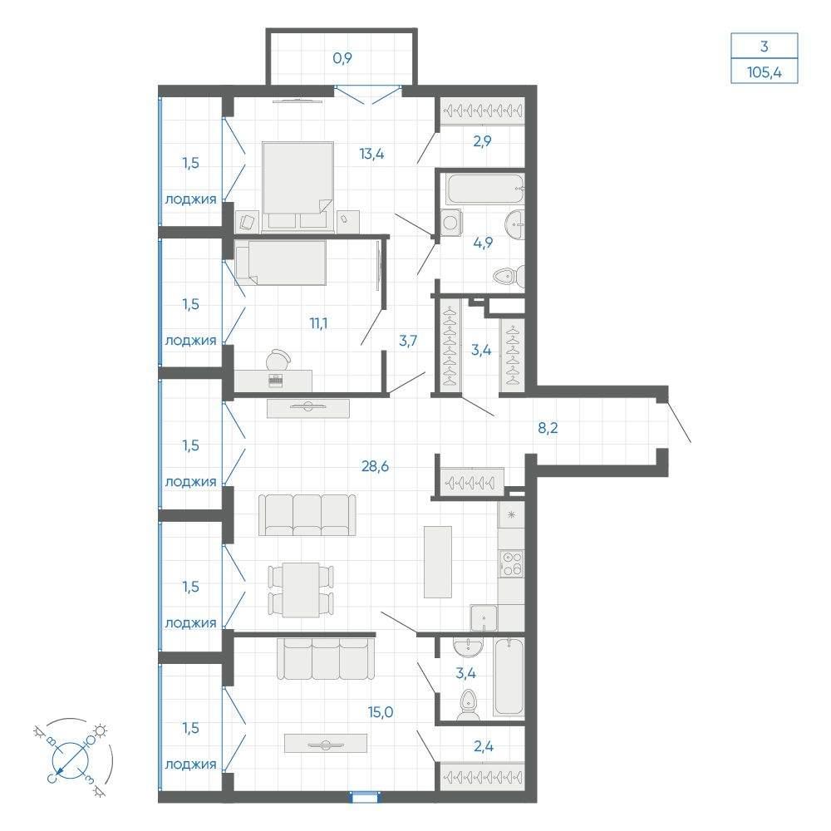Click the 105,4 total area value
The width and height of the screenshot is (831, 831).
764,72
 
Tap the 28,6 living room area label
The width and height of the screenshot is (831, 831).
376,466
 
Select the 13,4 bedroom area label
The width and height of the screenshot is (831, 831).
371,155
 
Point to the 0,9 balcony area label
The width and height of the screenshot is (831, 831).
342,58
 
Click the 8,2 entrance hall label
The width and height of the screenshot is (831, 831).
548,428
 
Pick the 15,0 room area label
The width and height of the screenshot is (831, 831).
381,712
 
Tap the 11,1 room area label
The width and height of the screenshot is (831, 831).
318,323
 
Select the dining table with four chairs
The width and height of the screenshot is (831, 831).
301,590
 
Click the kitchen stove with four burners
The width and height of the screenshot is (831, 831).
511,564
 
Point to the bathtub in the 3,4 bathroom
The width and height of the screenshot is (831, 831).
509,676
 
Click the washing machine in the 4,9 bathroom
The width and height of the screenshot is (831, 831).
450,222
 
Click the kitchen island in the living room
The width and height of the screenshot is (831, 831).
438,562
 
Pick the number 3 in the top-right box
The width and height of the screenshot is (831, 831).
764,47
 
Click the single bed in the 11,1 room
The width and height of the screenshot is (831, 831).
280,263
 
